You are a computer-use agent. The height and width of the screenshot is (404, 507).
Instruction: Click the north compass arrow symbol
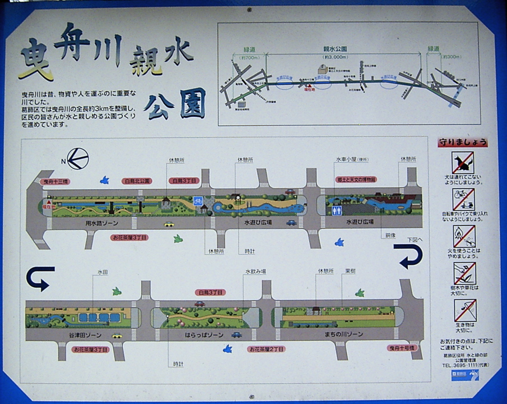77,159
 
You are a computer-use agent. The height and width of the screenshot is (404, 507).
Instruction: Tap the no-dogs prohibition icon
463,163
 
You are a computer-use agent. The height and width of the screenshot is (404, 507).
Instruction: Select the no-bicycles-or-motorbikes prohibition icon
463,199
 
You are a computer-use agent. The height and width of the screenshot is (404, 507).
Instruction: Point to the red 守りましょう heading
462,143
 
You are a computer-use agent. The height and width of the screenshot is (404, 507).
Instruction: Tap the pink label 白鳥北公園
137,181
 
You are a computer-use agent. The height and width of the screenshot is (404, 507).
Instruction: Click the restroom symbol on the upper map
337,210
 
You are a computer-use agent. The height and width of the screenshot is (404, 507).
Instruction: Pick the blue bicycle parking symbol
198,200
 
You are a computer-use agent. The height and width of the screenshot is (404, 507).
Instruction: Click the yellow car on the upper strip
169,224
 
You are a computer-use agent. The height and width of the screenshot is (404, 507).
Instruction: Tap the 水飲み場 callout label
255,272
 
